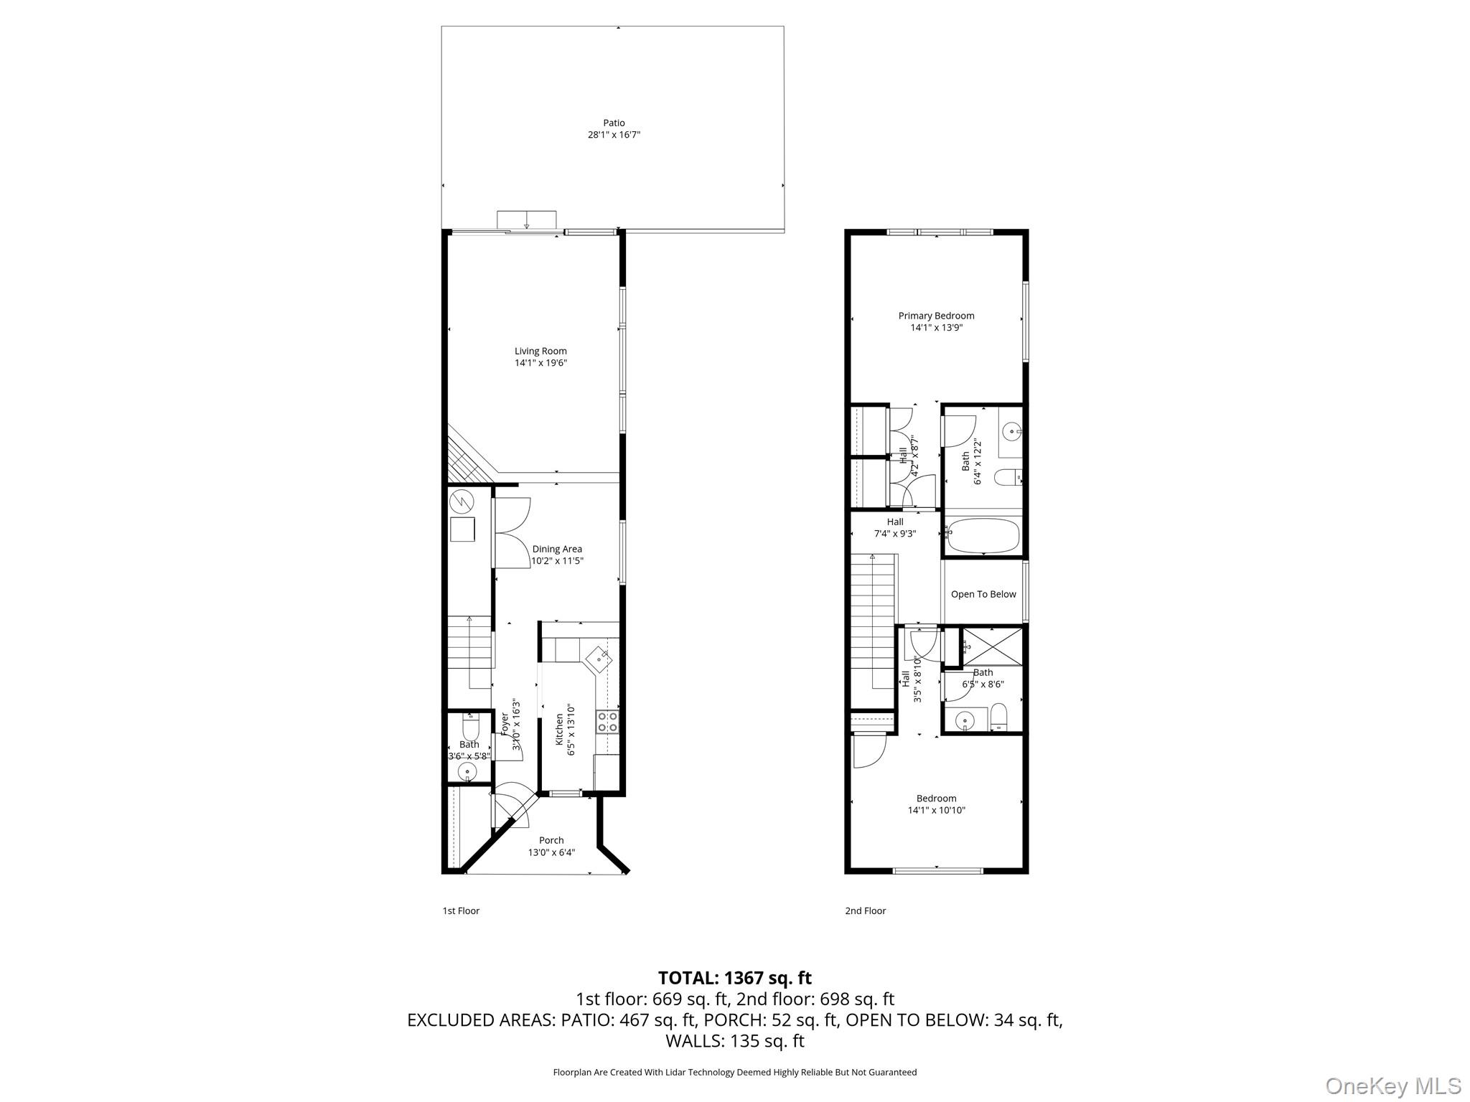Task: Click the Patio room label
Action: (x=614, y=123)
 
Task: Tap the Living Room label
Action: (x=540, y=351)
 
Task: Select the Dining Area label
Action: (x=557, y=549)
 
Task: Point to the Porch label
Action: (x=551, y=840)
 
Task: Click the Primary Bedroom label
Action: (x=936, y=316)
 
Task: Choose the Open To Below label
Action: (x=983, y=594)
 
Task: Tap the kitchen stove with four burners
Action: (x=607, y=722)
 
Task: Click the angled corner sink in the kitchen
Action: (x=599, y=658)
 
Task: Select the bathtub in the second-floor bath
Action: (x=983, y=536)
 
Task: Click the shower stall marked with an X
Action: (x=991, y=646)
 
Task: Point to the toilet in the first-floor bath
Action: (x=471, y=727)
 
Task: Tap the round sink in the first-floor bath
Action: (x=467, y=773)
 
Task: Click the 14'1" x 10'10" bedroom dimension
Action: (x=936, y=810)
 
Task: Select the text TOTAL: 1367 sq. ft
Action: (x=734, y=977)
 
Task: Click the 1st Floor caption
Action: (x=460, y=910)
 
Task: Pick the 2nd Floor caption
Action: (x=865, y=910)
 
